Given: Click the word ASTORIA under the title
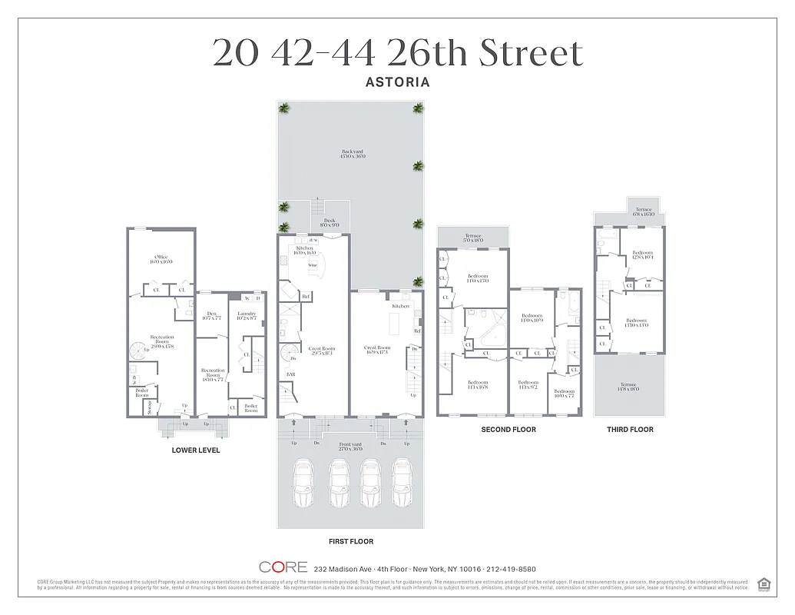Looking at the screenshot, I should (397, 81).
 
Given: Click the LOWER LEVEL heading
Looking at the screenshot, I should (195, 450).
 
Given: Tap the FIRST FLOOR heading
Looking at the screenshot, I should (351, 541).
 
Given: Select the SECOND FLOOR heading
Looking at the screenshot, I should (508, 429).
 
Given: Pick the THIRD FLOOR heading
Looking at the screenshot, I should (630, 429).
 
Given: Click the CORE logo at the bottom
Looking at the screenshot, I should (283, 568).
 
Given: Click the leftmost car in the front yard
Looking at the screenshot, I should (303, 483).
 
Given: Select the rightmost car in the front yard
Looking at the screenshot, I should (402, 483).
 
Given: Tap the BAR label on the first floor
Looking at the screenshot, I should (291, 375).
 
